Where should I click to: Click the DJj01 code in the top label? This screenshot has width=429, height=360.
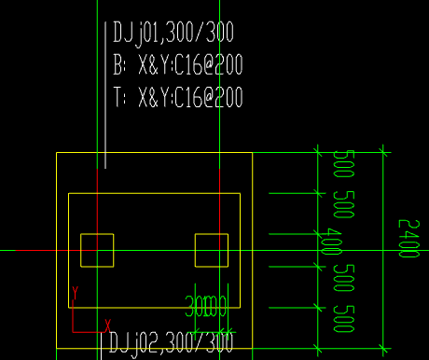point(139,35)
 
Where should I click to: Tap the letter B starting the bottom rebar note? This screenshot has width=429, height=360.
point(118,66)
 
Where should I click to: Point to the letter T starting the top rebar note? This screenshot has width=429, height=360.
point(118,97)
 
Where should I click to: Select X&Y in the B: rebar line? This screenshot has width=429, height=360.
point(153,66)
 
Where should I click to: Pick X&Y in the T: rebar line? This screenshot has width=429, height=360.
point(153,97)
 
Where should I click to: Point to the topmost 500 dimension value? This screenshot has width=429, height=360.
point(340,166)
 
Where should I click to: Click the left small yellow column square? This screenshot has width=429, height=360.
point(97,250)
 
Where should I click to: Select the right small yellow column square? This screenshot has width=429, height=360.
point(211,250)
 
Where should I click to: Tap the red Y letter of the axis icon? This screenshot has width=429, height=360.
point(74,296)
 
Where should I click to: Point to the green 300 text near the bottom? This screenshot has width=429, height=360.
point(199,305)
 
